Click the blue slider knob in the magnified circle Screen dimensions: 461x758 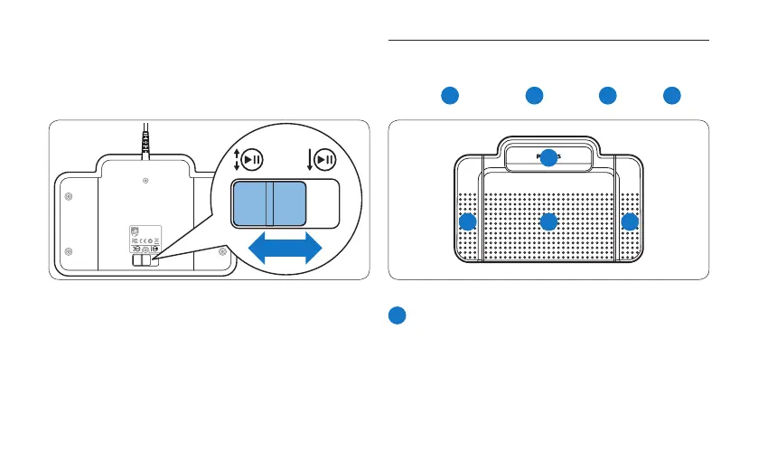pos(268,202)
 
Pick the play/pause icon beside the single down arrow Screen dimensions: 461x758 pos(324,159)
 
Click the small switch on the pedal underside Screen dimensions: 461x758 pos(145,260)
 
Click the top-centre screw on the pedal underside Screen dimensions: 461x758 pos(145,181)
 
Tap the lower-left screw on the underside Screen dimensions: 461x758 pos(73,250)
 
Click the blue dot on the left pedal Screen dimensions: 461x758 pos(467,222)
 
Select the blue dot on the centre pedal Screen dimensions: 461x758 pos(548,222)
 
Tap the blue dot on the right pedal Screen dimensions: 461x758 pos(630,222)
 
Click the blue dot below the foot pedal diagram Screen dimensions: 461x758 pos(398,315)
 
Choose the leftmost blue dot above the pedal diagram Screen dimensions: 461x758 pos(450,95)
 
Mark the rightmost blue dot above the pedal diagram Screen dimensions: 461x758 pos(671,95)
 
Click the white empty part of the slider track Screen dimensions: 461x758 pos(323,202)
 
